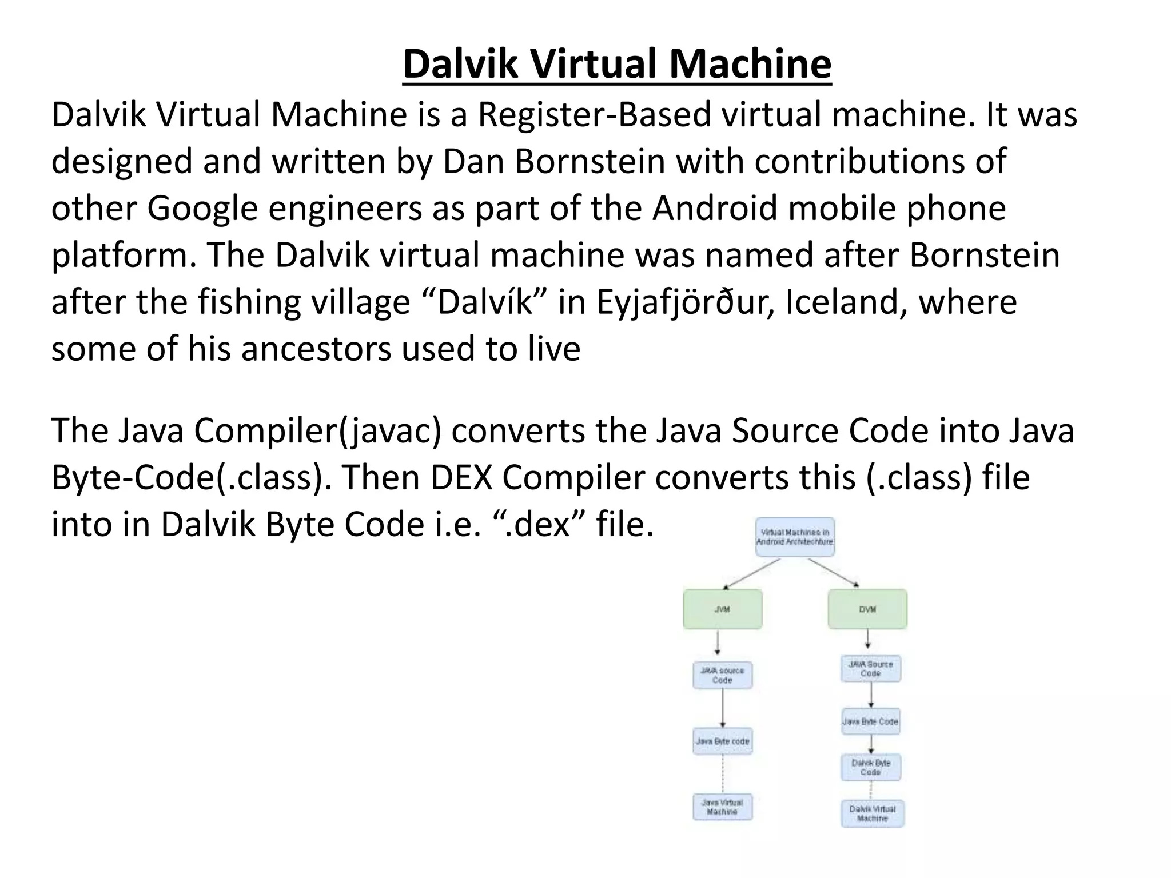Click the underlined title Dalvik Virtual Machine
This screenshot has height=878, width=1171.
coord(617,64)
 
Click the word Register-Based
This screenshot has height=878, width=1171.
coord(594,114)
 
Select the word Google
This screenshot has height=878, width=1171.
coord(203,208)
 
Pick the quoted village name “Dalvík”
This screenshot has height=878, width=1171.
coord(489,302)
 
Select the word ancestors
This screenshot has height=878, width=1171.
coord(316,349)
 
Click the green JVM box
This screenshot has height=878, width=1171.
coord(722,609)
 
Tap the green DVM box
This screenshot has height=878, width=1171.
coord(867,609)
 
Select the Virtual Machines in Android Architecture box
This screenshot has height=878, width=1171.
coord(795,537)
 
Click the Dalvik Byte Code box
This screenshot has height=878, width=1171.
coord(871,767)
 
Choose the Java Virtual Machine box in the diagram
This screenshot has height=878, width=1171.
coord(722,807)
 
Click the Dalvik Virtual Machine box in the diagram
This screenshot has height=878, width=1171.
coord(872,813)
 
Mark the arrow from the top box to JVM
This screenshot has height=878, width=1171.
coord(752,573)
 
